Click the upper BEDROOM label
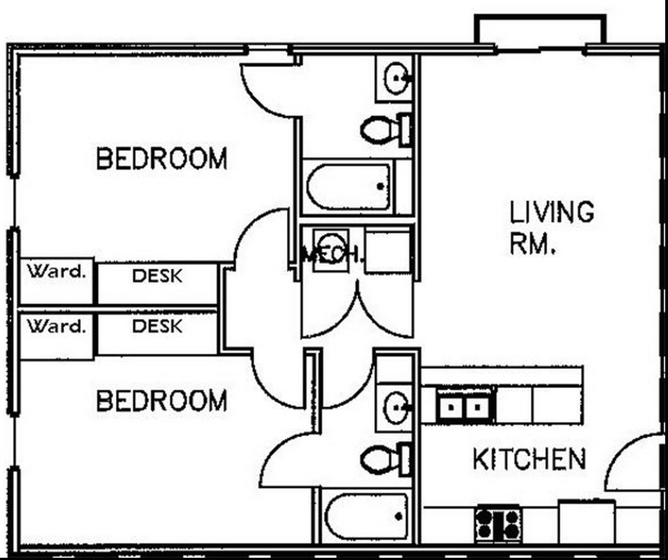pos(162,158)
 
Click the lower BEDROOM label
pos(162,401)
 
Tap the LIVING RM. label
pos(552,228)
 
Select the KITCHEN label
pos(529,459)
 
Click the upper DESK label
pos(157,276)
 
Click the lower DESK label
pos(157,326)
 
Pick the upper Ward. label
pos(56,271)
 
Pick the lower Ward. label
pos(56,326)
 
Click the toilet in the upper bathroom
pos(386,130)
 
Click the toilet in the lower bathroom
pos(386,459)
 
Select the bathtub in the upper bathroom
pos(348,187)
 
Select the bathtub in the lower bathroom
pos(366,516)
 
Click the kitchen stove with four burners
pos(498,524)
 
